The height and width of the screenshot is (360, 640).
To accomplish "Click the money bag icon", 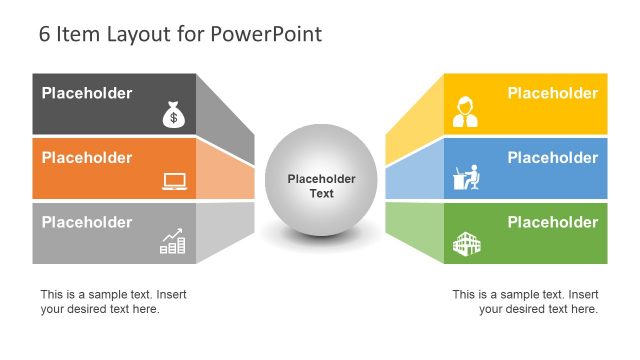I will click(x=173, y=116).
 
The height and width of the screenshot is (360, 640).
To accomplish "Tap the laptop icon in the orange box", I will click(x=174, y=181).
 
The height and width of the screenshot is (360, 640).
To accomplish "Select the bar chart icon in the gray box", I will click(x=173, y=241).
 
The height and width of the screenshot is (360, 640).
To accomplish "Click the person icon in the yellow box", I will click(x=465, y=112).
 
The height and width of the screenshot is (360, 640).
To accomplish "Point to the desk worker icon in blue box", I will click(x=467, y=177).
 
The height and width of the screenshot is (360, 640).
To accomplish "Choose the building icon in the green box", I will click(x=467, y=241).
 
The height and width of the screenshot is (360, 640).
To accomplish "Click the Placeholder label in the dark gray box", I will click(x=86, y=94).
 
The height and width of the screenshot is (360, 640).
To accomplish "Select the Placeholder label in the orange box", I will click(x=86, y=158).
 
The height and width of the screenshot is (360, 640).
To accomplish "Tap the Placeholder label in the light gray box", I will click(x=86, y=222).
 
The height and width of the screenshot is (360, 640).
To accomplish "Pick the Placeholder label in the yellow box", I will click(x=552, y=94).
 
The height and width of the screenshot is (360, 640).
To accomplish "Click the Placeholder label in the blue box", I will click(x=552, y=158).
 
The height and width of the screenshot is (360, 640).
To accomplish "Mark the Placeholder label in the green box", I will click(x=552, y=222).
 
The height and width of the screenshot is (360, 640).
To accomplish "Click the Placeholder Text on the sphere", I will click(x=321, y=186).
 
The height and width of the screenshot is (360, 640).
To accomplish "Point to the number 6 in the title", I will click(x=45, y=35).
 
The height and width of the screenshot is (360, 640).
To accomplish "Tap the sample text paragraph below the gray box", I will click(x=113, y=301).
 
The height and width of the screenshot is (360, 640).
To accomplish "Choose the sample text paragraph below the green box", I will click(x=525, y=301).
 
